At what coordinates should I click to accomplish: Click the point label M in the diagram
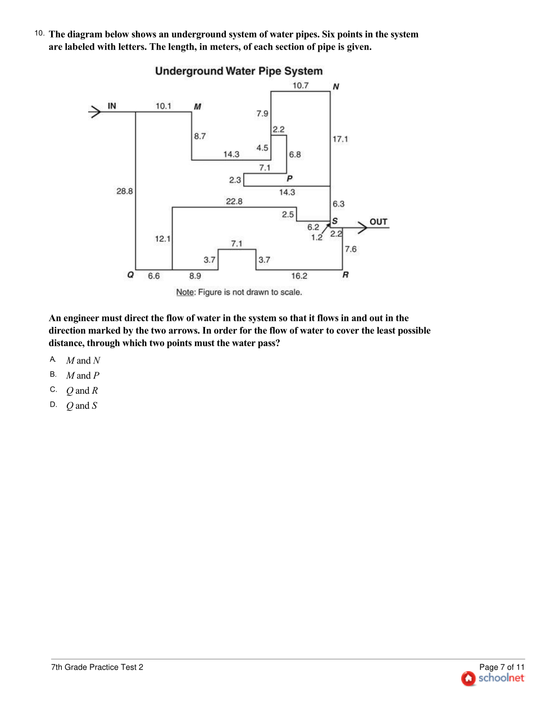(x=198, y=106)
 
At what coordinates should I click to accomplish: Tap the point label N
(x=336, y=86)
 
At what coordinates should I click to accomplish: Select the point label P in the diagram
(x=289, y=179)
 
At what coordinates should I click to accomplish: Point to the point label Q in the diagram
(x=130, y=275)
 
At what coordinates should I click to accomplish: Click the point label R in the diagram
(x=346, y=275)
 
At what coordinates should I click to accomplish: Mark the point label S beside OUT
(x=335, y=221)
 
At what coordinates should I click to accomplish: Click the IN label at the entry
(x=112, y=106)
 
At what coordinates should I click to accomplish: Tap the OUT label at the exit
(x=378, y=222)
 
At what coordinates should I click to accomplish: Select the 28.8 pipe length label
(x=125, y=191)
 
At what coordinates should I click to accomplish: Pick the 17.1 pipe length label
(x=340, y=139)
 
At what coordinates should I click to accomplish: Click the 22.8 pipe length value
(x=234, y=201)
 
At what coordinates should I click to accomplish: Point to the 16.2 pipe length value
(x=299, y=276)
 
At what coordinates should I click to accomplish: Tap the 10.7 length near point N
(x=301, y=85)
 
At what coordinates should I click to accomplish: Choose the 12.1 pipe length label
(x=162, y=239)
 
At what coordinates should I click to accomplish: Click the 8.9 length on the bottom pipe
(x=195, y=276)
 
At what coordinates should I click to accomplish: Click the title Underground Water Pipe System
(x=239, y=71)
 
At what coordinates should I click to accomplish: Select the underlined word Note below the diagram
(x=185, y=292)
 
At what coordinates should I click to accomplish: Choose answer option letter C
(x=53, y=389)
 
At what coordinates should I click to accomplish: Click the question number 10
(x=39, y=33)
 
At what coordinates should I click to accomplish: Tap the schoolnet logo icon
(x=469, y=678)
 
